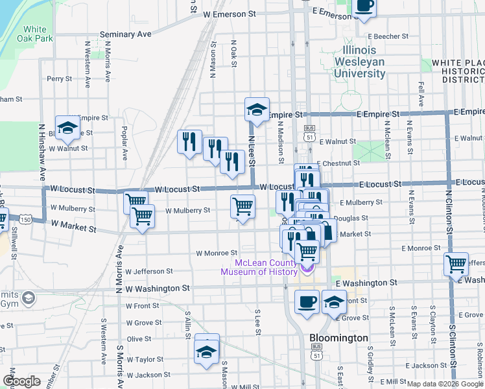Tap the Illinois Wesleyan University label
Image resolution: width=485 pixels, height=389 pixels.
pyautogui.click(x=359, y=62)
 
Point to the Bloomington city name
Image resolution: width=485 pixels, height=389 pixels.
pyautogui.click(x=338, y=338)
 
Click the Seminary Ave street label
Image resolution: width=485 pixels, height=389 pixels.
pyautogui.click(x=125, y=34)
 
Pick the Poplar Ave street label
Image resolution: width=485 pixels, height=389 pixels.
pyautogui.click(x=123, y=137)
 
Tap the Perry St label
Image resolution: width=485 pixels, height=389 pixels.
pyautogui.click(x=59, y=79)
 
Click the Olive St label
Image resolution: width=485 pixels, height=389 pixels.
pyautogui.click(x=139, y=339)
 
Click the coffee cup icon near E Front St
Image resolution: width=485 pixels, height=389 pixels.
pyautogui.click(x=307, y=301)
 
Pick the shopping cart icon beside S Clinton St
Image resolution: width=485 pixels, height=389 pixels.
pyautogui.click(x=456, y=264)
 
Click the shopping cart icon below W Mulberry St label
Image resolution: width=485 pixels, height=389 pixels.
pyautogui.click(x=141, y=216)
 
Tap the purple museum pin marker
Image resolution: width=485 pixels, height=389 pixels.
pyautogui.click(x=307, y=266)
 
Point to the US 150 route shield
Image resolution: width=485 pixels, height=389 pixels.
pyautogui.click(x=25, y=220)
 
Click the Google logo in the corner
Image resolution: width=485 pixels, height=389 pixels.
pyautogui.click(x=21, y=381)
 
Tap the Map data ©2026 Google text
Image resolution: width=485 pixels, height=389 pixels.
pyautogui.click(x=445, y=384)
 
